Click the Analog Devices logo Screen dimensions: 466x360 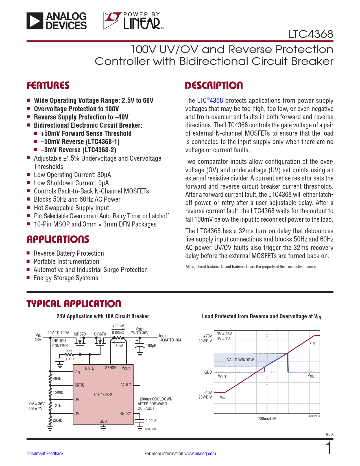coord(56,21)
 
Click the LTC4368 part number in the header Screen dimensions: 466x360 coord(311,34)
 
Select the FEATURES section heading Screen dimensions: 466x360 coord(48,86)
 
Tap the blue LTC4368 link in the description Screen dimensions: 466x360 coord(210,101)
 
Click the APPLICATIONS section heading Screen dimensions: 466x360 coord(58,239)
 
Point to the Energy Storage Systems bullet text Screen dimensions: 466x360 coord(66,278)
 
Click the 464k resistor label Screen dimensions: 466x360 coord(57,379)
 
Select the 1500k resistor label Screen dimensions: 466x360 coord(58,392)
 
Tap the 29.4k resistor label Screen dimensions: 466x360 coord(57,420)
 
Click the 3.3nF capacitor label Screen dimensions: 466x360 coord(70,360)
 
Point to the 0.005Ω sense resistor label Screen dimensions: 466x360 coord(118,333)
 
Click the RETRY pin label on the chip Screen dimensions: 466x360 coord(125,413)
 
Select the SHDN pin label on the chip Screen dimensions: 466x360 coord(79,386)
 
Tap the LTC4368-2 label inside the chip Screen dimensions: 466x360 coord(103,394)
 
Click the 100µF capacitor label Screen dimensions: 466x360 coord(151,346)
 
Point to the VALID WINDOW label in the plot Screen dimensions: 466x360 coord(240,360)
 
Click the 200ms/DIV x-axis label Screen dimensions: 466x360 coord(267,419)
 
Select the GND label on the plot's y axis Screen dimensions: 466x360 coord(208,372)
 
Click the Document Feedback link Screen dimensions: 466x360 coord(45,454)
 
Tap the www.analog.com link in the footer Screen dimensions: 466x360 coord(200,454)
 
